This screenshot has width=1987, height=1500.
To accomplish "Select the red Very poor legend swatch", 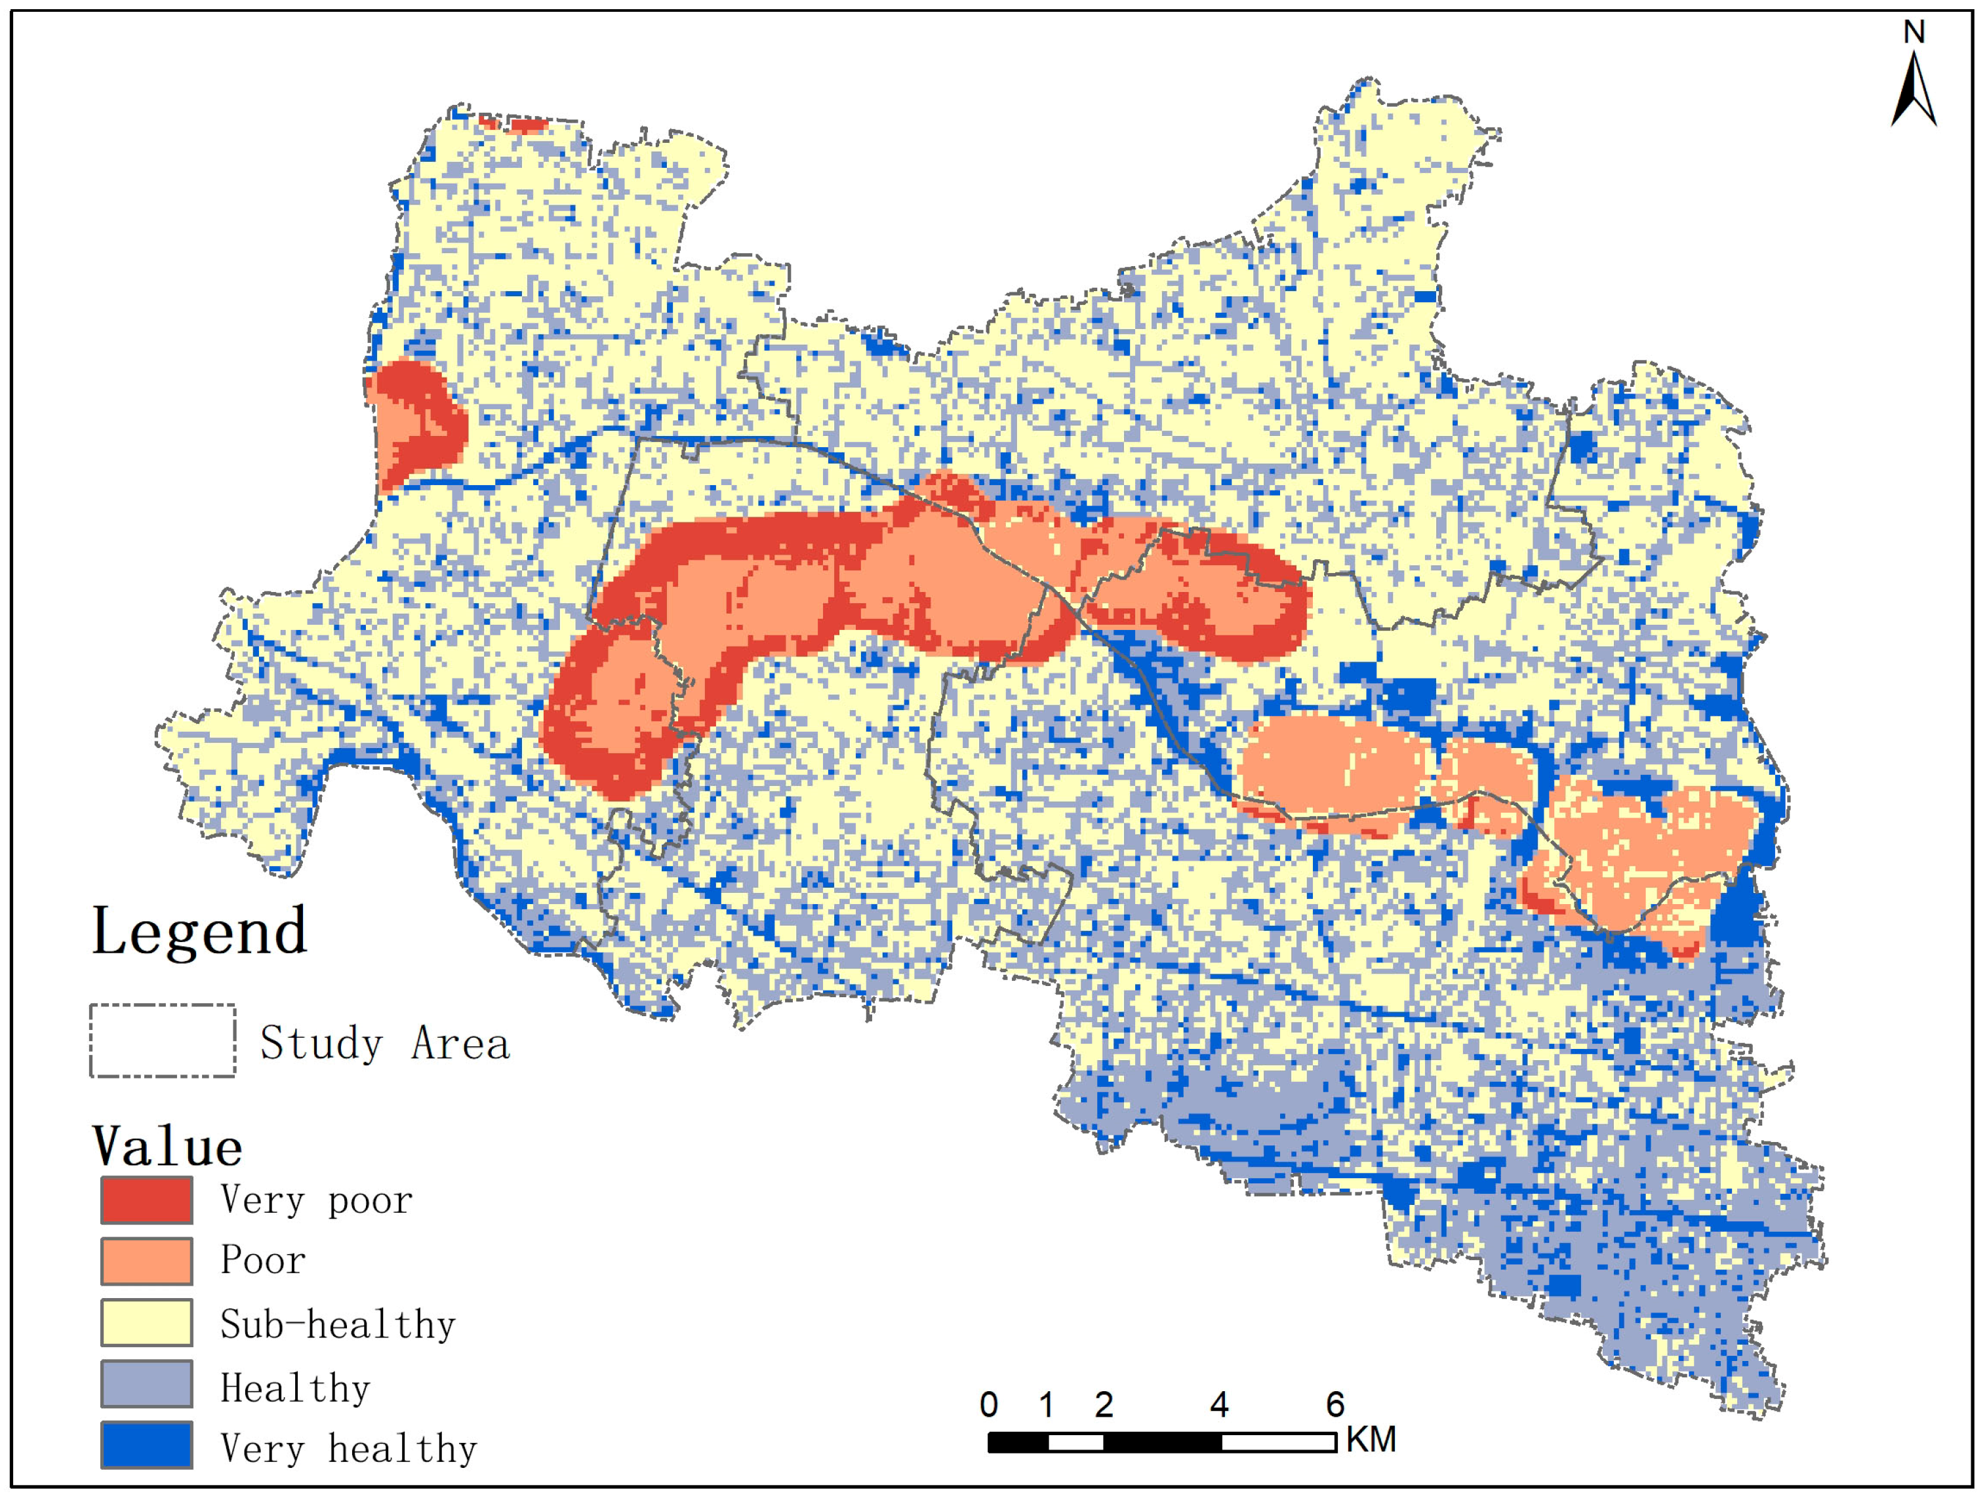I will point(146,1200).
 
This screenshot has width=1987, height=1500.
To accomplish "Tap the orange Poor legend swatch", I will point(146,1261).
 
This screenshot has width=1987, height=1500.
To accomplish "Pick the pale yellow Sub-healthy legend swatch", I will point(146,1322).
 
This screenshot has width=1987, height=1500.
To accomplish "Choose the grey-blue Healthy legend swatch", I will point(146,1383).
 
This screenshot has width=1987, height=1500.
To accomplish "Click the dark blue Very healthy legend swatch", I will point(146,1444).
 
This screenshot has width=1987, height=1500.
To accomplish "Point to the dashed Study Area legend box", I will point(163,1040).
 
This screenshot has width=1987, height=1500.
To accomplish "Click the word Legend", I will point(199,932).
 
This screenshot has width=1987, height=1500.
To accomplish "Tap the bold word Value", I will point(167,1147).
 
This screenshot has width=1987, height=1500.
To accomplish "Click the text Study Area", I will point(384,1044).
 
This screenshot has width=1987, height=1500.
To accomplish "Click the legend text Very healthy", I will point(348,1449).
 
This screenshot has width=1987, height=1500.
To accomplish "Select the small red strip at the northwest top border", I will point(517,124).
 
